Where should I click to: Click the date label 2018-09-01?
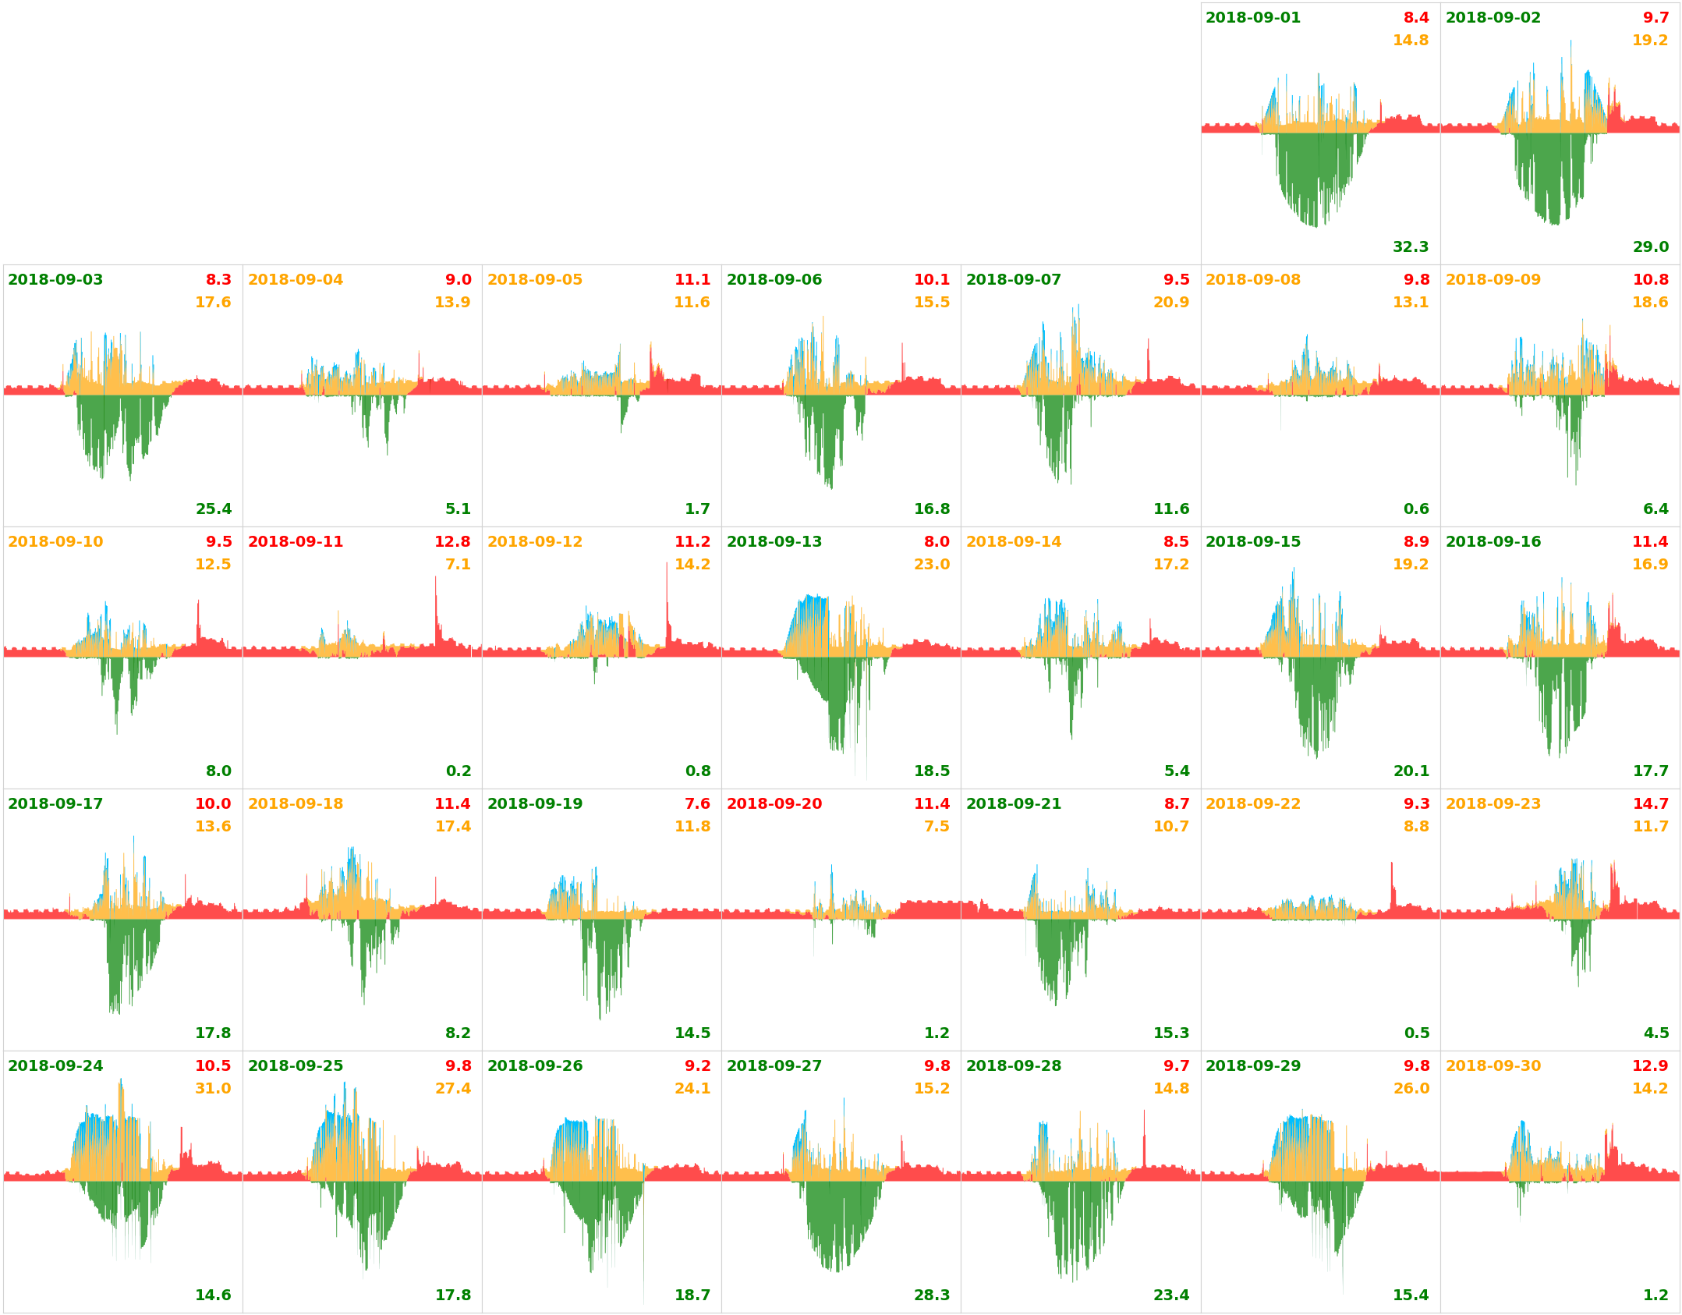point(1252,18)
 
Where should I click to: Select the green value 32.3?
point(1411,247)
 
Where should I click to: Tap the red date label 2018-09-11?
point(295,542)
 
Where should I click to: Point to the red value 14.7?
point(1650,804)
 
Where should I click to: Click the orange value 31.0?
point(213,1089)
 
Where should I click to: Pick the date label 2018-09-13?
point(774,542)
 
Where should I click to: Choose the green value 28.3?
point(932,1296)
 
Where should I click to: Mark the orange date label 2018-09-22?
point(1252,804)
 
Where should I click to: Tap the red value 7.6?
point(697,804)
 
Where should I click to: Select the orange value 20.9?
point(1171,303)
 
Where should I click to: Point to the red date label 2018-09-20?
point(774,804)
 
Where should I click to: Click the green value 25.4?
point(214,509)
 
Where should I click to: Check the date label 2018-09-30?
point(1493,1066)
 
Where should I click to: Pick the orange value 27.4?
point(453,1089)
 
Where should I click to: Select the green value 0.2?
point(459,771)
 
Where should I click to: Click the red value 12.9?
point(1650,1066)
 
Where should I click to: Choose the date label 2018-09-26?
point(534,1066)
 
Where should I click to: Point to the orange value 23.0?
point(932,565)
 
